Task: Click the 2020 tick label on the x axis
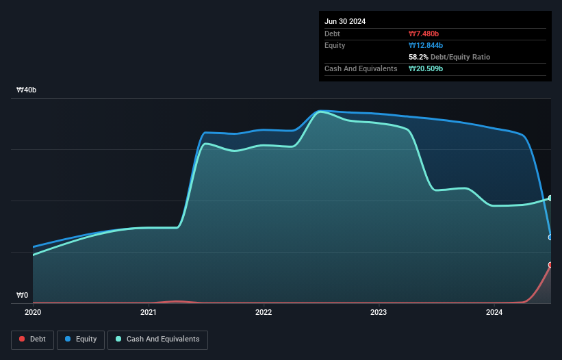click(x=33, y=313)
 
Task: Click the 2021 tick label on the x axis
click(x=149, y=313)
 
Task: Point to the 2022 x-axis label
click(x=264, y=313)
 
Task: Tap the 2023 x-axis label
click(x=379, y=313)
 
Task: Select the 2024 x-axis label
click(x=494, y=313)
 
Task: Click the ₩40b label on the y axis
click(x=27, y=90)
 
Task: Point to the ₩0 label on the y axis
click(x=22, y=296)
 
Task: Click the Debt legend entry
click(x=32, y=339)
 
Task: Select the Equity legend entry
click(x=81, y=339)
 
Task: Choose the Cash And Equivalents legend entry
click(x=157, y=339)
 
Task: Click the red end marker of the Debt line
click(x=550, y=265)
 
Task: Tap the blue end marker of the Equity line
click(x=550, y=237)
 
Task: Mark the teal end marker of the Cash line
click(x=550, y=198)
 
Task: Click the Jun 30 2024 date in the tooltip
click(x=345, y=21)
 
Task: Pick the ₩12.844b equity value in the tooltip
click(x=426, y=45)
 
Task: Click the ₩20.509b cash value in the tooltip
click(x=427, y=68)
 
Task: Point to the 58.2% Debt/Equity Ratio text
click(x=449, y=57)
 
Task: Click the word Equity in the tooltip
click(x=335, y=45)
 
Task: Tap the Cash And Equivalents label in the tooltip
click(x=361, y=68)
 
